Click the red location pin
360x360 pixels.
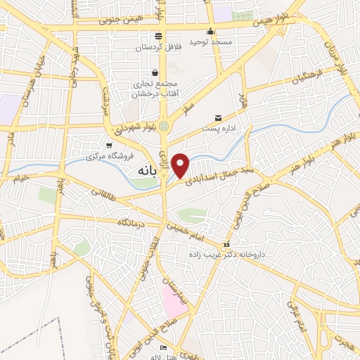pyautogui.click(x=181, y=165)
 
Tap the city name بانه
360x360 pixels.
pyautogui.click(x=143, y=170)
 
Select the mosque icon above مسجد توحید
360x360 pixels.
pyautogui.click(x=210, y=31)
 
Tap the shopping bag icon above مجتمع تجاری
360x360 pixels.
pyautogui.click(x=155, y=72)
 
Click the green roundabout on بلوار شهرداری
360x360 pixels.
pyautogui.click(x=165, y=126)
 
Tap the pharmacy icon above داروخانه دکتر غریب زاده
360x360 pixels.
pyautogui.click(x=226, y=246)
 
